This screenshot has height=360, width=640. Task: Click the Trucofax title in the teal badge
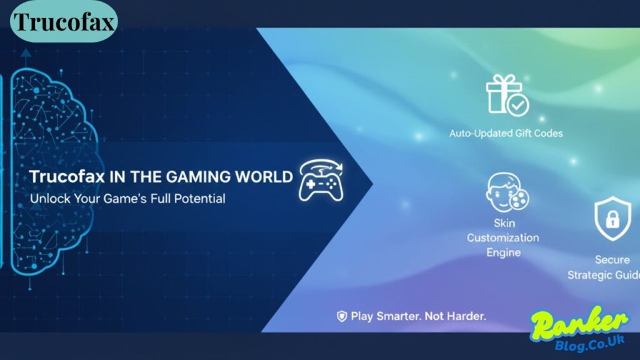[x=64, y=22]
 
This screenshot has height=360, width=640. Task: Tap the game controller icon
[x=321, y=181]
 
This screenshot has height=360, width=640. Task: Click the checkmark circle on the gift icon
[x=518, y=106]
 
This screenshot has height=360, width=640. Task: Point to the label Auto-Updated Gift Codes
[x=506, y=134]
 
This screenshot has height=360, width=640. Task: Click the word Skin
[x=504, y=223]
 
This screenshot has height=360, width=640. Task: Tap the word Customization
[x=503, y=237]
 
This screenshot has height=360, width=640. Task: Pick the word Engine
[x=503, y=252]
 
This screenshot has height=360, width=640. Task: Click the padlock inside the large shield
[x=612, y=219]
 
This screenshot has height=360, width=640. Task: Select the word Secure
[x=612, y=259]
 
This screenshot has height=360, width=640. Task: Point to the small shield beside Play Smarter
[x=342, y=316]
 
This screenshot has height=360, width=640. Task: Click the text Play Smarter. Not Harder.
[x=418, y=316]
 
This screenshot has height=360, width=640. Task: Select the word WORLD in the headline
[x=264, y=177]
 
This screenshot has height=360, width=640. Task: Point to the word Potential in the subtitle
[x=199, y=199]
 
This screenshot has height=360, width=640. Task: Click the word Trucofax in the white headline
[x=67, y=177]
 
